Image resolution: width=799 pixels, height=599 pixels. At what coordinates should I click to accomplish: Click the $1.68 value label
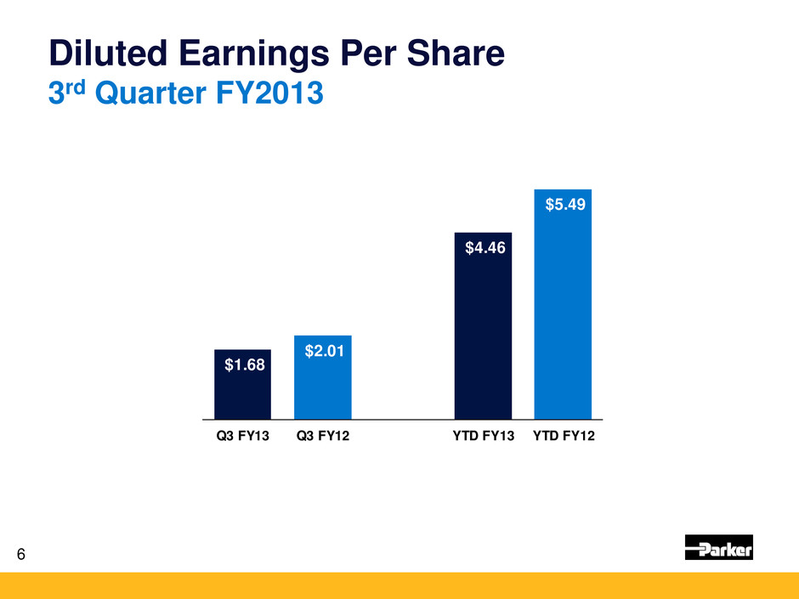(x=242, y=365)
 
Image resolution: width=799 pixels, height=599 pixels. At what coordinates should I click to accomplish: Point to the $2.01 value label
(x=323, y=350)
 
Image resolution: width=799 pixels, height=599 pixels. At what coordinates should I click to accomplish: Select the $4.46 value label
(x=483, y=248)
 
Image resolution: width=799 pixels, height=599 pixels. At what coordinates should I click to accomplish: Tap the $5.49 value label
(x=563, y=205)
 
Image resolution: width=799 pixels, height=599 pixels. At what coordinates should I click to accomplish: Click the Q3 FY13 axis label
(x=242, y=438)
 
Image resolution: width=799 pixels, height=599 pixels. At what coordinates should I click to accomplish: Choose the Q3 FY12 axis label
(x=323, y=438)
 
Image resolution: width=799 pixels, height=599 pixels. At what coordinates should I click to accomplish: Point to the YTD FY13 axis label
(x=483, y=438)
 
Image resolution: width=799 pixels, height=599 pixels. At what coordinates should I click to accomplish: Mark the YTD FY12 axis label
(x=564, y=438)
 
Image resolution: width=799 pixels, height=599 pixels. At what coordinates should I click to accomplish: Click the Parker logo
(x=718, y=548)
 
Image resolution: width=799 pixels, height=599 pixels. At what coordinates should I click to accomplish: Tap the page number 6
(x=21, y=555)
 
